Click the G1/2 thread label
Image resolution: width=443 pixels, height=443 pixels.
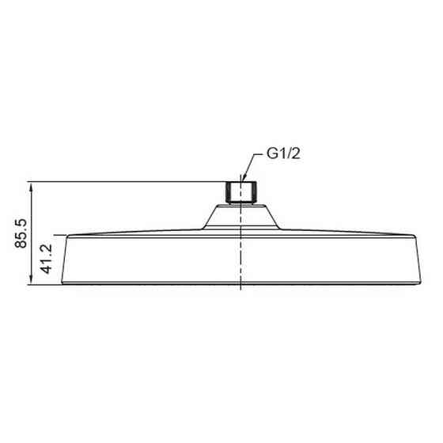[x=283, y=153]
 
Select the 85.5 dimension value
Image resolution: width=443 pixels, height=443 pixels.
[x=21, y=233]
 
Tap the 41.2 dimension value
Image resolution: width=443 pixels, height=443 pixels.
[x=47, y=259]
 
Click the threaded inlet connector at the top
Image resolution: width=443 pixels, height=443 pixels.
[x=241, y=192]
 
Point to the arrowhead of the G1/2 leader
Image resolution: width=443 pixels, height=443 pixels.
[x=243, y=179]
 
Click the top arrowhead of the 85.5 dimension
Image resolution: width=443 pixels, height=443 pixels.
[x=31, y=186]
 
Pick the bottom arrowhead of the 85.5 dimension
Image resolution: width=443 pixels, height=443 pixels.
[x=31, y=280]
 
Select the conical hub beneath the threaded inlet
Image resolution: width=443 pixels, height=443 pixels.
[x=241, y=217]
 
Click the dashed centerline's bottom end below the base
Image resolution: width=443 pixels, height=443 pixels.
[x=240, y=290]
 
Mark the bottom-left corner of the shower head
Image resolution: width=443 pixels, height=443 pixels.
[x=62, y=283]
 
